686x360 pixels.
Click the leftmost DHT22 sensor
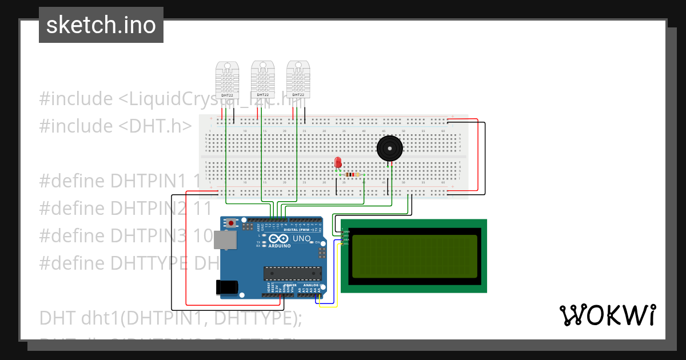pos(227,78)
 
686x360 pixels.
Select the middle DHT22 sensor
pos(262,78)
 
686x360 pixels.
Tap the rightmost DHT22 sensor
pos(298,78)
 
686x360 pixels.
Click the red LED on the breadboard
pos(338,162)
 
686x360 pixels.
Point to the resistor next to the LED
pos(353,175)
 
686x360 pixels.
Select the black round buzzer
pos(390,149)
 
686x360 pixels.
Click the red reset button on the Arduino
pos(231,223)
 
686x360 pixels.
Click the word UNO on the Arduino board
pos(301,238)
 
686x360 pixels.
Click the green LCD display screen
pos(414,256)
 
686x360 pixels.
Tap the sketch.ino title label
pos(101,25)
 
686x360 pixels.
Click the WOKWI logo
pos(607,315)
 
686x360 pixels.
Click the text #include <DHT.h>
pos(115,126)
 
